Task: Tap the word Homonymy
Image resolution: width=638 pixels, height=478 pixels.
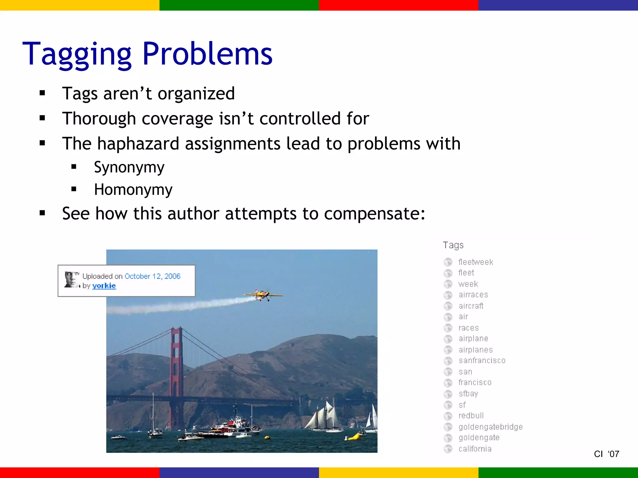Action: [133, 190]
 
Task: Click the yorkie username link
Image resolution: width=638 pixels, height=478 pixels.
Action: [104, 286]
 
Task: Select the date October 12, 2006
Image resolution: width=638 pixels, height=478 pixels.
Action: [152, 276]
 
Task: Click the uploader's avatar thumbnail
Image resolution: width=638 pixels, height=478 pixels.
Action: [72, 279]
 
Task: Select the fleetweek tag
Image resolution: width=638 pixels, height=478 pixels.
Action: [476, 262]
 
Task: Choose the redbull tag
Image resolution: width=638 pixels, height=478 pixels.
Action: [471, 415]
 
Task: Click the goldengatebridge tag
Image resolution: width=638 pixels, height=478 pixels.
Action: [490, 427]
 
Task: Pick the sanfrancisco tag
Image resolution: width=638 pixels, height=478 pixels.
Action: [482, 360]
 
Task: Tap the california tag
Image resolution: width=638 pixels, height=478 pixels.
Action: [475, 449]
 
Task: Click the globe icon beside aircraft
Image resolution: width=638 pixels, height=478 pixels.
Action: [448, 306]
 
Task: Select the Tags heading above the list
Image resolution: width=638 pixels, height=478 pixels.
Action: [453, 245]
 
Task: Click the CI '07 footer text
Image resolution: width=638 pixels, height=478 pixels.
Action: [606, 454]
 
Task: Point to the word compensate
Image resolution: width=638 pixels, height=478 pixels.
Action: [374, 214]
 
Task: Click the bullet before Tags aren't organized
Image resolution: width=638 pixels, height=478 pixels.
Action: [42, 93]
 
